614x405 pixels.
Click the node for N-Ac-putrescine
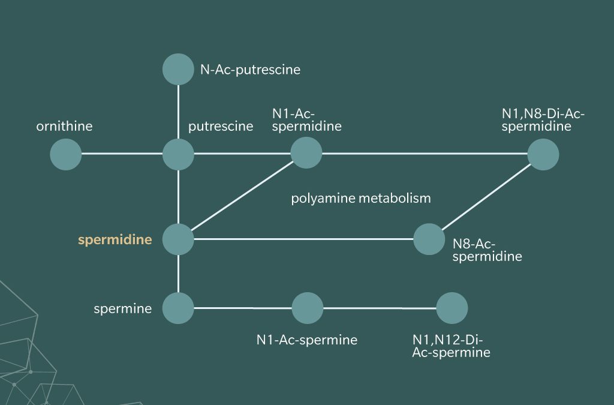178,69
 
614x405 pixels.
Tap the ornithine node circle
66,154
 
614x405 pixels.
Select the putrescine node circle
178,154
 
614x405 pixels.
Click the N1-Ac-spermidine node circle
306,152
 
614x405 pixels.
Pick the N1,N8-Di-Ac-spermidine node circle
543,154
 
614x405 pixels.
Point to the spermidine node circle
178,239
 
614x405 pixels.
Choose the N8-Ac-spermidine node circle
429,239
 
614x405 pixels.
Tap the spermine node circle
178,308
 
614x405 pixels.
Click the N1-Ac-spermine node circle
308,308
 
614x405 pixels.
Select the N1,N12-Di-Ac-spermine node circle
452,308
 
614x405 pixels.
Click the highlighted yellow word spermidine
115,240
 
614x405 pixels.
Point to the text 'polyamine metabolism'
361,198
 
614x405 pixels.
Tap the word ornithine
64,127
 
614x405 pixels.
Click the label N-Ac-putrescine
250,70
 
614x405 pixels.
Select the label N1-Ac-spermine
307,340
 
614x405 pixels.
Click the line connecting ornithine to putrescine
122,154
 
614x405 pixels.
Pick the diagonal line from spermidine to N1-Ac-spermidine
242,195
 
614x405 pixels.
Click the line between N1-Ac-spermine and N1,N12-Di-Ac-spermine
380,308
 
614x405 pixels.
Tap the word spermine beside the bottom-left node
122,309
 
